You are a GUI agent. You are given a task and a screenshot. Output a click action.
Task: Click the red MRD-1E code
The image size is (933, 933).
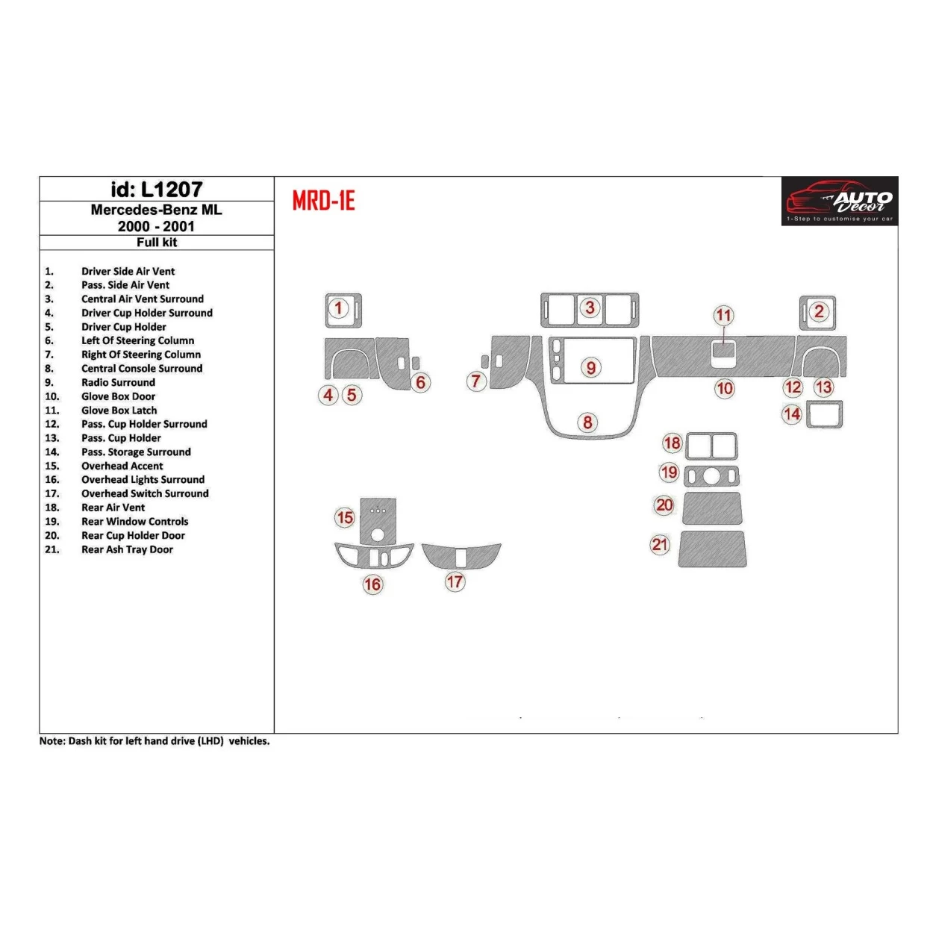coord(323,201)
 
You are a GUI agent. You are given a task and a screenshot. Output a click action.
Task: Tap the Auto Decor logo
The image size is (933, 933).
coord(840,201)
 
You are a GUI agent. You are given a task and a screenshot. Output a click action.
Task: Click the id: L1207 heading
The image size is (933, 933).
coord(157,190)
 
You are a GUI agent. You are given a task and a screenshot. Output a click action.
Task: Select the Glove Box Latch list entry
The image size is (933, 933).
coord(119,411)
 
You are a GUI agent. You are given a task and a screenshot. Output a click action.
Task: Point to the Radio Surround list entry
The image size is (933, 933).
coord(118,382)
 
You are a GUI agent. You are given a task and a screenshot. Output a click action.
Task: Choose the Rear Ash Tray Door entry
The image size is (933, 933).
coord(127,549)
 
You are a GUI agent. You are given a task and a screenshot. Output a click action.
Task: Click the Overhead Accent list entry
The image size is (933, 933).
coord(122,466)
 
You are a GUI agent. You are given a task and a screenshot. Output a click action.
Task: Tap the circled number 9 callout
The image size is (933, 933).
coord(591,367)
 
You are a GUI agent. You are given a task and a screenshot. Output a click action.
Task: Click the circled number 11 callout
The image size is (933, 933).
coord(723,315)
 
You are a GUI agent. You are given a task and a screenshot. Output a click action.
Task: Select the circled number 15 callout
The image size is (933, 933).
coord(345,517)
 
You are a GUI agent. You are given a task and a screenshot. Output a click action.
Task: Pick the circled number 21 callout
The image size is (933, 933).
coord(660,544)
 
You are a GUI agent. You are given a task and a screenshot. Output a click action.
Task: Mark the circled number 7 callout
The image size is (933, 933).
coord(476,381)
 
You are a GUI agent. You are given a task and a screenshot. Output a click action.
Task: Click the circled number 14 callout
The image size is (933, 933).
coord(792,414)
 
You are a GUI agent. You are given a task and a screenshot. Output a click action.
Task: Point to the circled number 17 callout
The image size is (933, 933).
coord(455,581)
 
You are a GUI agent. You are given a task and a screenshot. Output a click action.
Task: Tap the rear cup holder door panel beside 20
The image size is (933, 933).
coord(712,508)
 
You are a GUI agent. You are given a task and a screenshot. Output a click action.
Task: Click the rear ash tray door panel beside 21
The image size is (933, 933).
coord(712,549)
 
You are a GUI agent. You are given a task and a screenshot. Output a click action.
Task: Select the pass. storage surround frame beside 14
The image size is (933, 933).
coord(824,415)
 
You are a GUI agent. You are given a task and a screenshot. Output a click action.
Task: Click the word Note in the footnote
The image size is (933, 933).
coord(52,742)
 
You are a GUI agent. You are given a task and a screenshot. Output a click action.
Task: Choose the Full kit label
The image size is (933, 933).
coord(157,243)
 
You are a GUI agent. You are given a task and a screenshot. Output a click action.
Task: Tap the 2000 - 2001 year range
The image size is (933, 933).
coord(156,226)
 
